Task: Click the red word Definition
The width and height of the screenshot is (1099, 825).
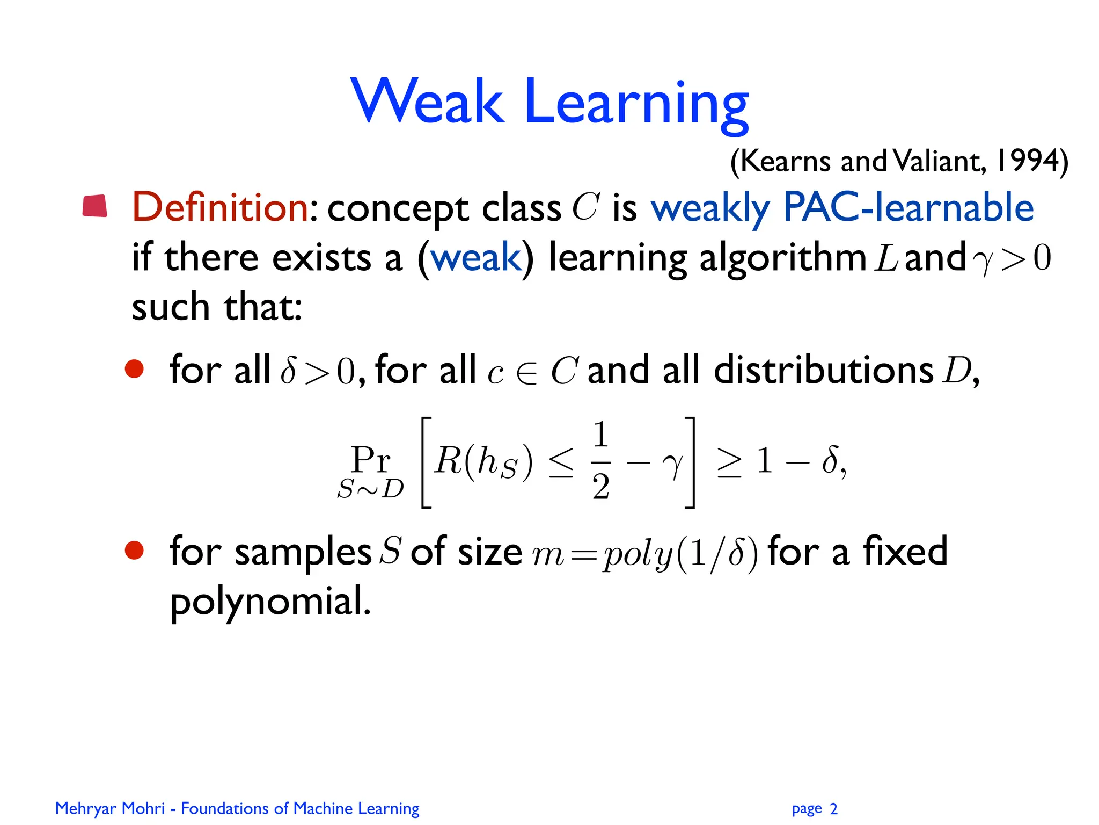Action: pyautogui.click(x=221, y=207)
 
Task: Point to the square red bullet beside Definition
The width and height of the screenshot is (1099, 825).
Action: pyautogui.click(x=95, y=206)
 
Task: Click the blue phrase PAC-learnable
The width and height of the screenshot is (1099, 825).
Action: pyautogui.click(x=908, y=207)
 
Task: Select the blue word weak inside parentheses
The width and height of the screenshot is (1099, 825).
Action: pyautogui.click(x=475, y=258)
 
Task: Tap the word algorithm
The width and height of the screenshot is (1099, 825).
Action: pyautogui.click(x=783, y=259)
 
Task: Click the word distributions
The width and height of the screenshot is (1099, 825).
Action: pyautogui.click(x=824, y=370)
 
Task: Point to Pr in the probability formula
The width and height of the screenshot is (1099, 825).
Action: pyautogui.click(x=370, y=459)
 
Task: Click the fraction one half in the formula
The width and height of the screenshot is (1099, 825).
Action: pyautogui.click(x=601, y=461)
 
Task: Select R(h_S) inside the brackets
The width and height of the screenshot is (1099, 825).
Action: pyautogui.click(x=483, y=461)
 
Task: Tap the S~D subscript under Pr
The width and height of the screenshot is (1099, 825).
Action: pyautogui.click(x=370, y=489)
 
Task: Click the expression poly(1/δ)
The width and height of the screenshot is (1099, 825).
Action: pyautogui.click(x=680, y=553)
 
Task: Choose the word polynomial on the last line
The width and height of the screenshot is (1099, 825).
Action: pyautogui.click(x=270, y=602)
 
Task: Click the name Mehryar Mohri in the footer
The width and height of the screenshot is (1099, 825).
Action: pyautogui.click(x=110, y=808)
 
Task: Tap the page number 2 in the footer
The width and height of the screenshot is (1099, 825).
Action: pyautogui.click(x=833, y=808)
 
